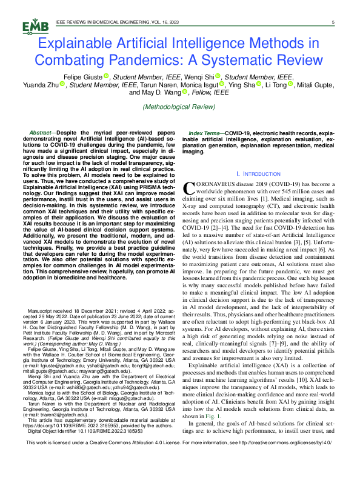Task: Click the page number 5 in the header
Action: (333, 22)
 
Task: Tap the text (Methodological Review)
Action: (179, 107)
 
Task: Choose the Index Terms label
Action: (204, 132)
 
